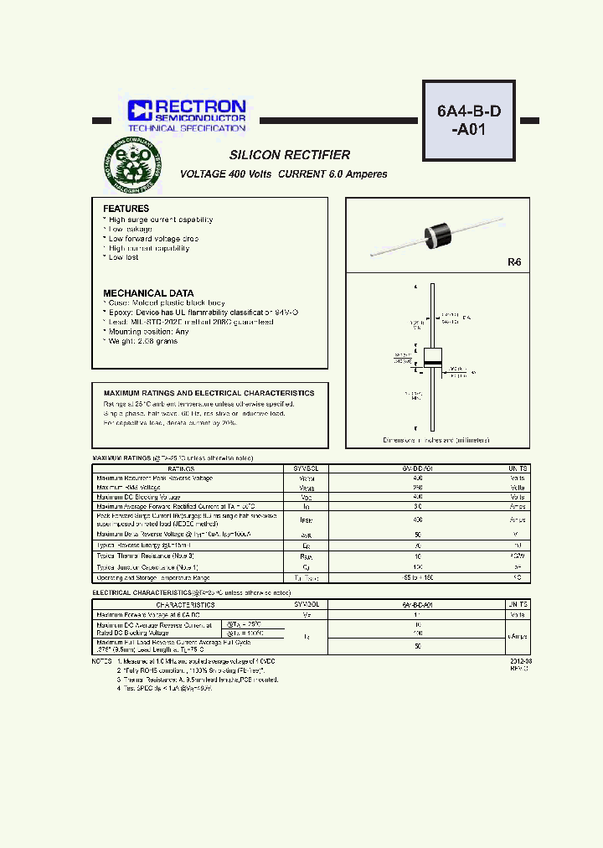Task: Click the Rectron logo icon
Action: (x=138, y=110)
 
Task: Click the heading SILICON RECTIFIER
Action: (x=290, y=155)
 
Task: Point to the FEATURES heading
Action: (x=126, y=209)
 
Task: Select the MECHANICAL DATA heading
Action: (x=148, y=293)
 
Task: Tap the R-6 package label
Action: (x=513, y=262)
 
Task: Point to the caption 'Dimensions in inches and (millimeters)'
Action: (x=436, y=440)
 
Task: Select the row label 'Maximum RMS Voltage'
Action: (x=128, y=488)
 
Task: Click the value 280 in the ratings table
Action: (x=416, y=488)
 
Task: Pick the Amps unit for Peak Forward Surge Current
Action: (x=518, y=519)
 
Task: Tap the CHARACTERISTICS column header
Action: (x=185, y=604)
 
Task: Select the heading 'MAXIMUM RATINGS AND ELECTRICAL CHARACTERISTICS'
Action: (x=209, y=393)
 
